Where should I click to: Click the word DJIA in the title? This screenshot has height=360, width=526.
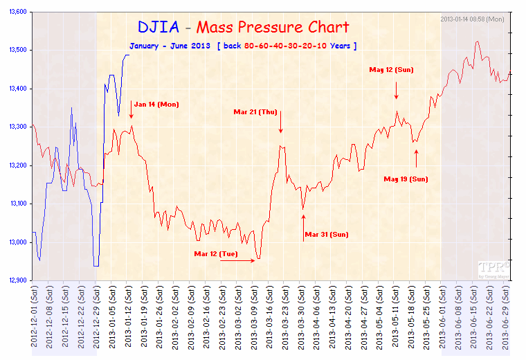tap(158, 27)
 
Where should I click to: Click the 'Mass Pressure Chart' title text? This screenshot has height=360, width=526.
tap(273, 28)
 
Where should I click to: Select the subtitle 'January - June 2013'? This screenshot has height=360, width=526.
tap(169, 46)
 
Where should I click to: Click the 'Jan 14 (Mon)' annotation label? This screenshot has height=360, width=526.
tap(156, 105)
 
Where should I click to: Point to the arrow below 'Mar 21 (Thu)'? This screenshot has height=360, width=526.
tap(281, 125)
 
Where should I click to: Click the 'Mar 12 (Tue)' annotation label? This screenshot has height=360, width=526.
tap(216, 254)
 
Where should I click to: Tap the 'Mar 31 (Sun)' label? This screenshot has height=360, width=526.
tap(326, 234)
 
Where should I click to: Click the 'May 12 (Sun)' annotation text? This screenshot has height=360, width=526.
tap(391, 69)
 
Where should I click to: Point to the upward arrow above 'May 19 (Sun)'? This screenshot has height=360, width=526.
tap(416, 158)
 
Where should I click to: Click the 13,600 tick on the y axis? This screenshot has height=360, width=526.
tap(15, 12)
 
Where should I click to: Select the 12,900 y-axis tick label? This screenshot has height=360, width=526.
tap(15, 280)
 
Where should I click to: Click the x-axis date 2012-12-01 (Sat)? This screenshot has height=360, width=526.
tap(33, 318)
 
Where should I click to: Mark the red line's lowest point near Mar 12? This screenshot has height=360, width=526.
tap(258, 259)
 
